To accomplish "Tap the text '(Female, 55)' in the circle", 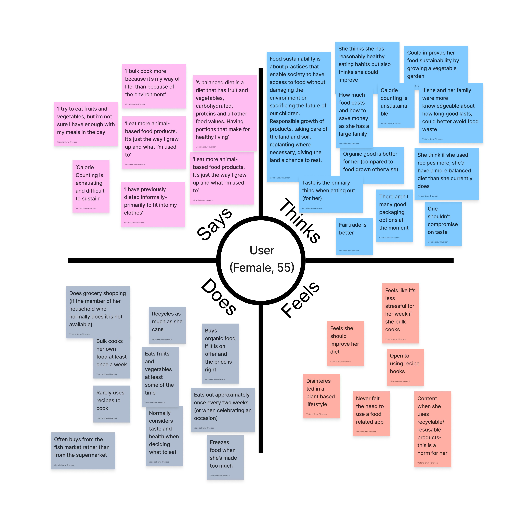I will coord(262,267).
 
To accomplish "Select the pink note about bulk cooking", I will coord(154,86).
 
